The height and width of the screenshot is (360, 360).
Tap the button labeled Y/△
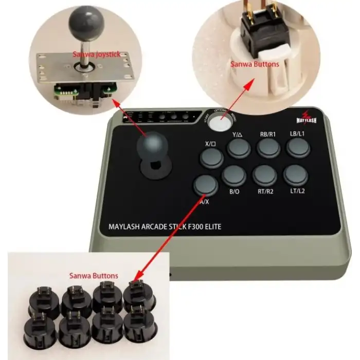239,148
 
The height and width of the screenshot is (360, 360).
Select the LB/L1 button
298,148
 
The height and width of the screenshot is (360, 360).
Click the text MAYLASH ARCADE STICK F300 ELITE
165,226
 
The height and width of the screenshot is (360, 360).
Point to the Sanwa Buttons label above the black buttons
94,276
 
